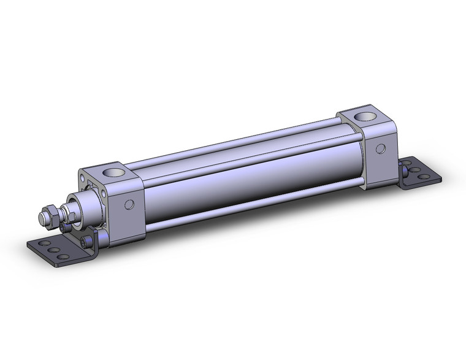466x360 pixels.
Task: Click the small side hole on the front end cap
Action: click(x=130, y=205)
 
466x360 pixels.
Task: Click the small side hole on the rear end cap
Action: click(x=381, y=148)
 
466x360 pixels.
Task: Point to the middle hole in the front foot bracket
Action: click(x=53, y=251)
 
